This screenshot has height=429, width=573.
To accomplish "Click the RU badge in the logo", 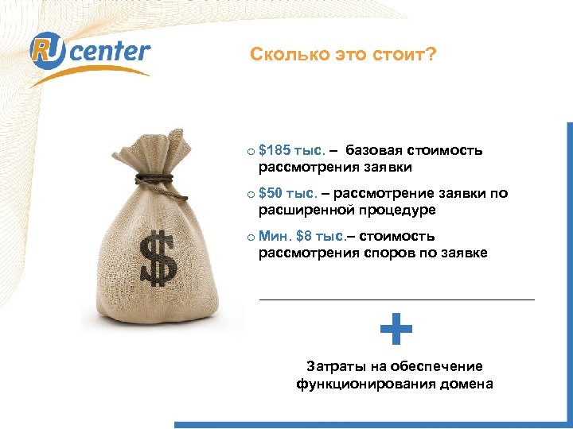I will (x=47, y=52).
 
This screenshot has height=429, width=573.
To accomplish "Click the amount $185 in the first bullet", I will (x=275, y=150).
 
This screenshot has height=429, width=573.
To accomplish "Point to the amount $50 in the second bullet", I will (x=271, y=193).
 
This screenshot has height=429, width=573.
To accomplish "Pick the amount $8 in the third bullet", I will (x=303, y=236).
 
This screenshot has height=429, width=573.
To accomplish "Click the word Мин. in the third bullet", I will (x=275, y=236).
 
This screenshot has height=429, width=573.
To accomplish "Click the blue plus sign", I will (x=396, y=329).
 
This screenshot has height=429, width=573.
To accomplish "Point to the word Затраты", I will (x=333, y=366).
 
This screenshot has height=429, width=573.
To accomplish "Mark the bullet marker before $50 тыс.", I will (x=250, y=194).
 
